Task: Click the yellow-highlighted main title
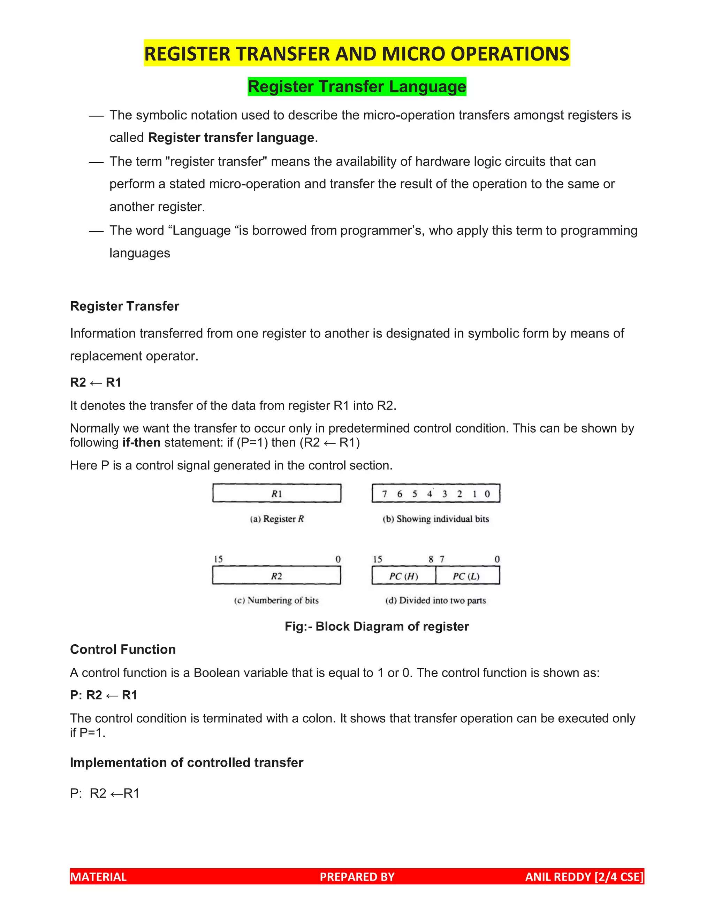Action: [357, 54]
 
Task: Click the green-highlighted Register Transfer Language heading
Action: [357, 87]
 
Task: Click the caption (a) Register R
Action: [276, 519]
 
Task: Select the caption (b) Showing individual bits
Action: [436, 519]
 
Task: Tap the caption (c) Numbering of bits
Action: [276, 600]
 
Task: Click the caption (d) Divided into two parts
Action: [436, 600]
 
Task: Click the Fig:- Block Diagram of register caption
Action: [377, 626]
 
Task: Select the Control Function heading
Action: [123, 650]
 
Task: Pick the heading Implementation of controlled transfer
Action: [187, 762]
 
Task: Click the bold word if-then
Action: [141, 442]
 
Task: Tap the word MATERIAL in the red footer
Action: [98, 877]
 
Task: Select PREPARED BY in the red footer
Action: [357, 877]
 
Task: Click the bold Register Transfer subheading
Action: [124, 306]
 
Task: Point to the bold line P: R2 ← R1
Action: [104, 695]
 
